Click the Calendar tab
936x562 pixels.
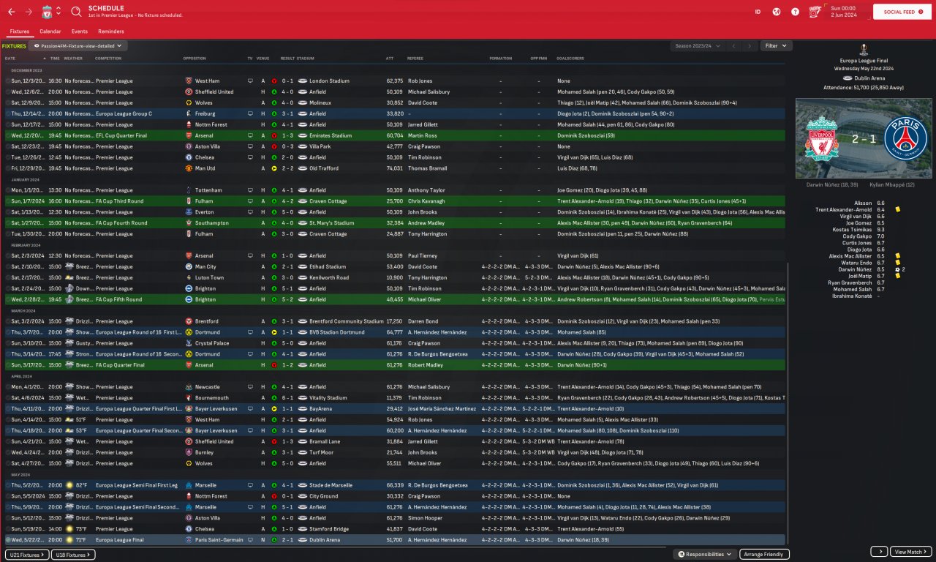[50, 31]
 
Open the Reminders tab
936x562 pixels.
[110, 31]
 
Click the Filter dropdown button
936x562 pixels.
[776, 45]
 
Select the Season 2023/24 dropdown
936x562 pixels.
[697, 45]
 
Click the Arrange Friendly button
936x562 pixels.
[764, 554]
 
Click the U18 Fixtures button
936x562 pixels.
[74, 554]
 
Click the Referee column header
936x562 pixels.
[415, 59]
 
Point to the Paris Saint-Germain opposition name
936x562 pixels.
[223, 540]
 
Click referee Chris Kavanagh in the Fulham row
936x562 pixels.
[426, 201]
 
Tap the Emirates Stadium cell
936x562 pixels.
[330, 135]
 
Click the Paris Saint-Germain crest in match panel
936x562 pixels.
[905, 138]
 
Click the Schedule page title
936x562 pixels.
[106, 8]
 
